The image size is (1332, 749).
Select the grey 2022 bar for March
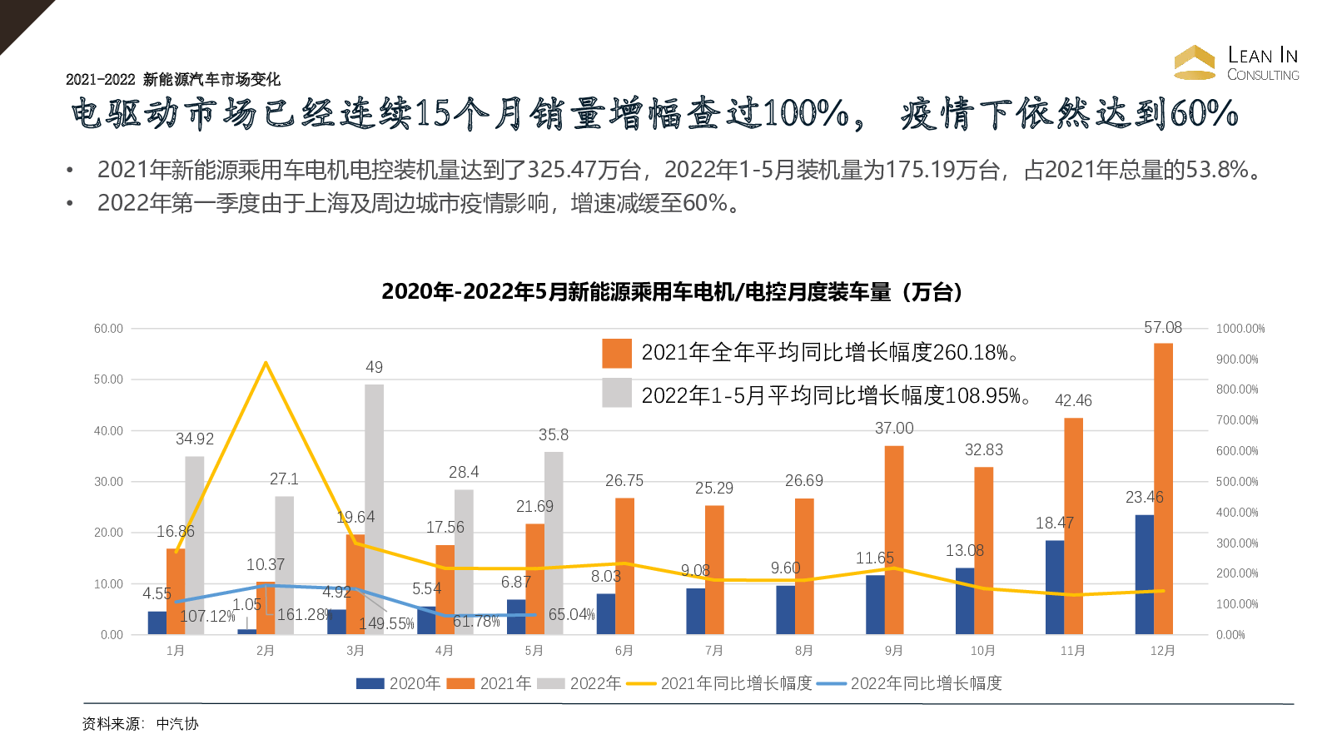(374, 509)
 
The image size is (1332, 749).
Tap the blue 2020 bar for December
(1145, 574)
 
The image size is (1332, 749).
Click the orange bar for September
(893, 540)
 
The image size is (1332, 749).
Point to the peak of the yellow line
(266, 363)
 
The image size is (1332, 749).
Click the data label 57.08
(1163, 328)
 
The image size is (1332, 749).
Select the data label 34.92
(195, 439)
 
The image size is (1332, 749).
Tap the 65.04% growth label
(571, 615)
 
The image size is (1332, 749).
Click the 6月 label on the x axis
(624, 651)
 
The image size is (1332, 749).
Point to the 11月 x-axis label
(1073, 651)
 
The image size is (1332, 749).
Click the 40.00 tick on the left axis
(108, 431)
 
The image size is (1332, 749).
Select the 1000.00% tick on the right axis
(1240, 329)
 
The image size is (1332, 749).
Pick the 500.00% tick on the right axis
(1237, 482)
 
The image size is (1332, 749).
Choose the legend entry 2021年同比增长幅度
(720, 683)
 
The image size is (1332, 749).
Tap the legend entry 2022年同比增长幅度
(910, 683)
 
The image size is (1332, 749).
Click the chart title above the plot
(673, 292)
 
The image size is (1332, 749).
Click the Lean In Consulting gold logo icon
(1195, 62)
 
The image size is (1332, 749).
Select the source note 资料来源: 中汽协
(141, 724)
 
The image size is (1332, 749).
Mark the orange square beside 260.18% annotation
(617, 353)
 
